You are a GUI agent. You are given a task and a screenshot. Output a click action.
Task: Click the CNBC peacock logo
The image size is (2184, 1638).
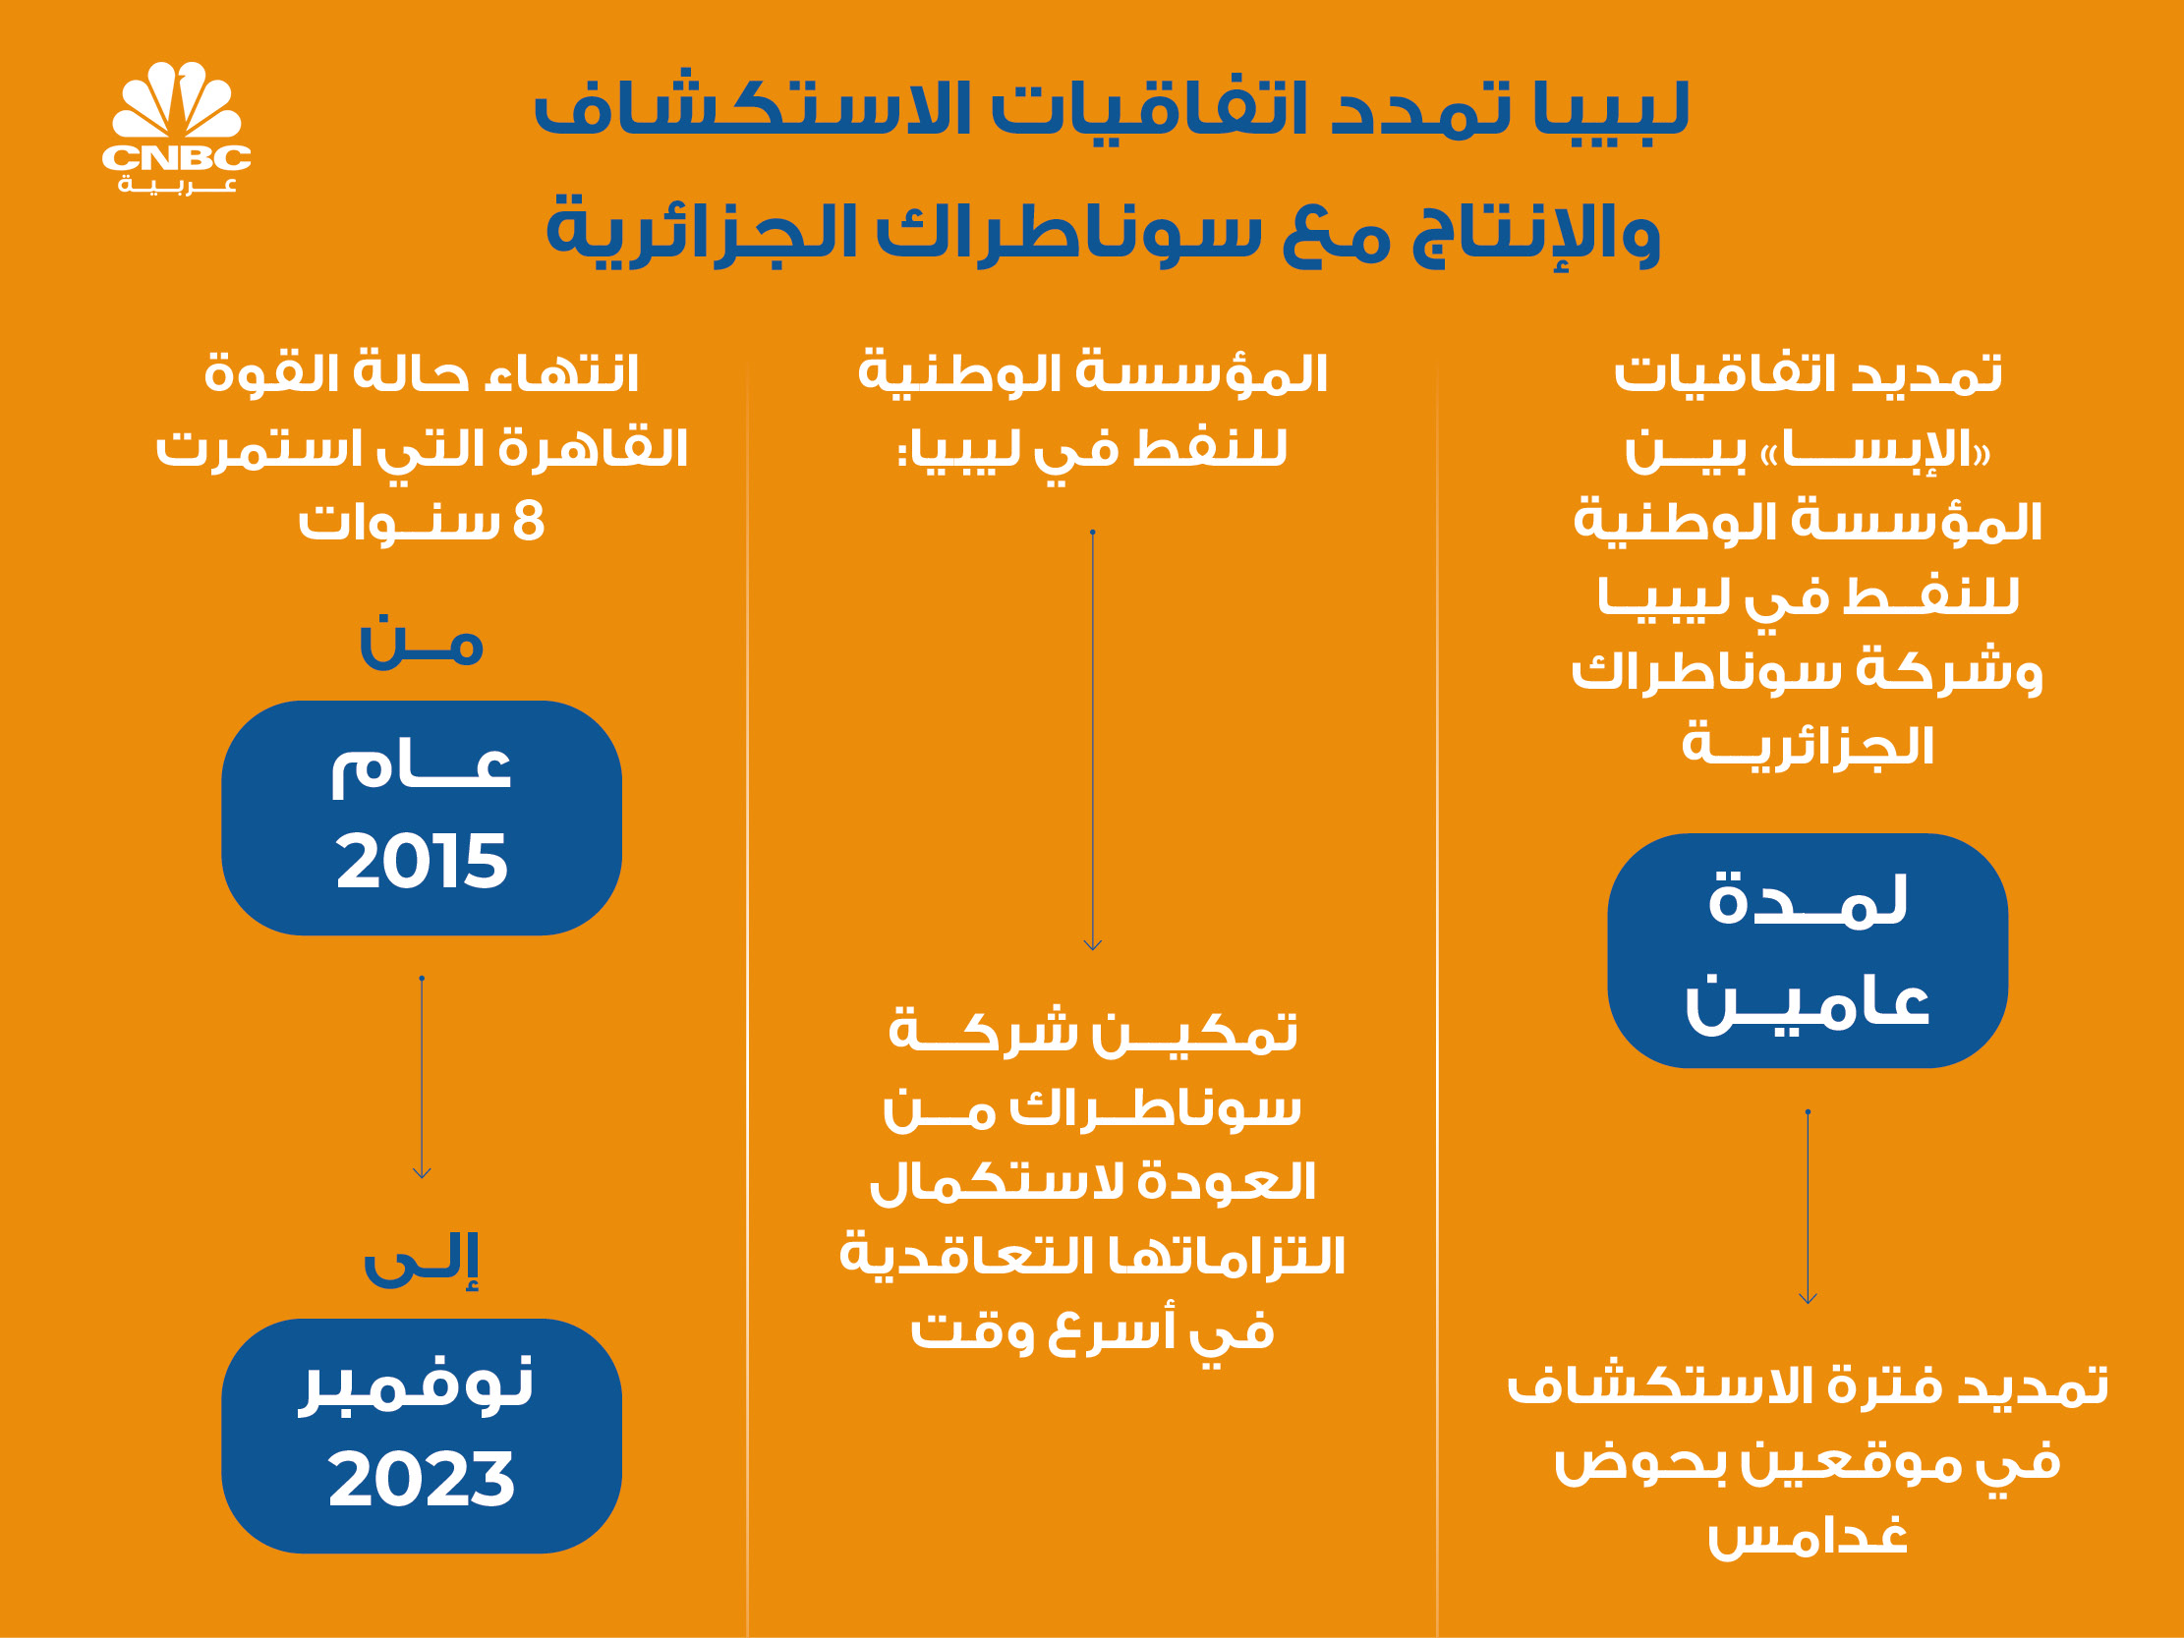coord(177,128)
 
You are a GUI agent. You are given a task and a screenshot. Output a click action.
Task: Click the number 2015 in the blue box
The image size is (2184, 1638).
coord(422,861)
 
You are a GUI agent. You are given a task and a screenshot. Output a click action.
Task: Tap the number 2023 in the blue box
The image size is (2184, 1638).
coord(422,1479)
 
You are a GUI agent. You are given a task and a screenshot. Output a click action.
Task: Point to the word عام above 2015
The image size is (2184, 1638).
coord(422,768)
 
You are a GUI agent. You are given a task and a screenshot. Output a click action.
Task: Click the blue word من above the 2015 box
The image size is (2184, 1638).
coord(422,644)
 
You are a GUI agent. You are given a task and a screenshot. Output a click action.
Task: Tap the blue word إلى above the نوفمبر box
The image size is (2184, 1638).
coord(422,1261)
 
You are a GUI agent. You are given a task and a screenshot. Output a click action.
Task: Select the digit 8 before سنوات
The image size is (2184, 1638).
coord(529,522)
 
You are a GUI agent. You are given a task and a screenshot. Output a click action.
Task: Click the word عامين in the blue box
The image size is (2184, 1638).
coord(1808,1004)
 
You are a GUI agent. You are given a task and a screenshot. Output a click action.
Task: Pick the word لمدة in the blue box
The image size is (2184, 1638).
coord(1808,900)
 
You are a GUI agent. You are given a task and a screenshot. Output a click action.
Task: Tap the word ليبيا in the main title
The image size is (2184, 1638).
coord(1611,109)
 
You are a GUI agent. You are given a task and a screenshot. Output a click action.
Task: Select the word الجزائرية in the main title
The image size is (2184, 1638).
coord(702,233)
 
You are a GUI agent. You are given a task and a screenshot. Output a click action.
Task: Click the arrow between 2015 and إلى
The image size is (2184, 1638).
coord(422,1078)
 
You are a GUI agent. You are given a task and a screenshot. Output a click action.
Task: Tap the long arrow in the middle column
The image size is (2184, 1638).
coord(1092,741)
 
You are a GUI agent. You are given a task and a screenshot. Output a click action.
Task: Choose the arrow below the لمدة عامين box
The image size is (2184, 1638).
coord(1808,1208)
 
